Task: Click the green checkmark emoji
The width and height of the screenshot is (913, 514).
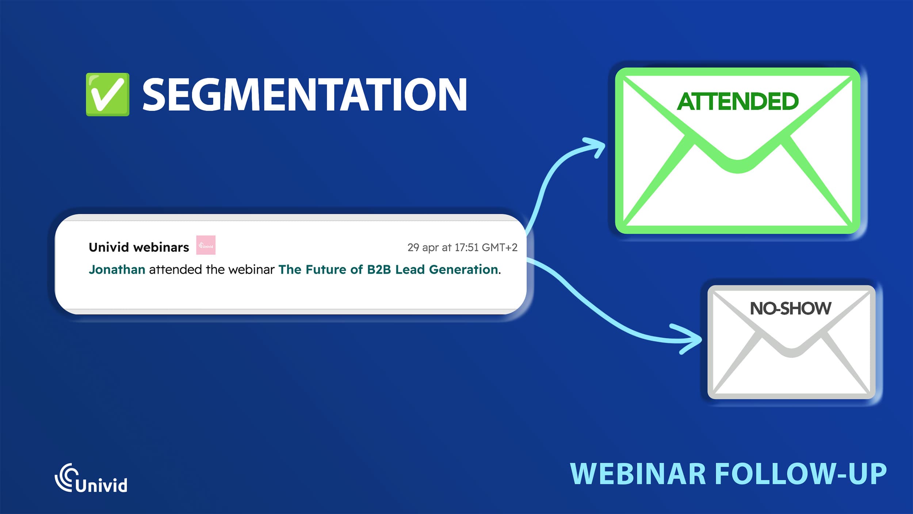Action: (107, 94)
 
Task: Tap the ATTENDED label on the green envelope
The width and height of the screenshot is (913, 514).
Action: (737, 101)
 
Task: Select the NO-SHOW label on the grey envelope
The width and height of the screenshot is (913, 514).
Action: (790, 308)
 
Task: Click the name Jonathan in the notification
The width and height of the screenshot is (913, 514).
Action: (117, 269)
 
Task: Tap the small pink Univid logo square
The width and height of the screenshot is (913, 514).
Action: (206, 245)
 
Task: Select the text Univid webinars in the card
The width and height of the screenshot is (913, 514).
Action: (139, 247)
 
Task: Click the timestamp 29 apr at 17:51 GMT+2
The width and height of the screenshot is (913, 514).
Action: (462, 247)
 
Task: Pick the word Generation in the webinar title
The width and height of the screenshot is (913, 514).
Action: (463, 269)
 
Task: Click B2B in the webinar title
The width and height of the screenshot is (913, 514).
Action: (379, 269)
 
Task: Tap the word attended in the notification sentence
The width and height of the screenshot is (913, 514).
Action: (175, 269)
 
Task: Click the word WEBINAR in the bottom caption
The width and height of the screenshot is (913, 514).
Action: (638, 474)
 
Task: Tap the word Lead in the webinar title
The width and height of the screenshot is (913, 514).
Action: (410, 269)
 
